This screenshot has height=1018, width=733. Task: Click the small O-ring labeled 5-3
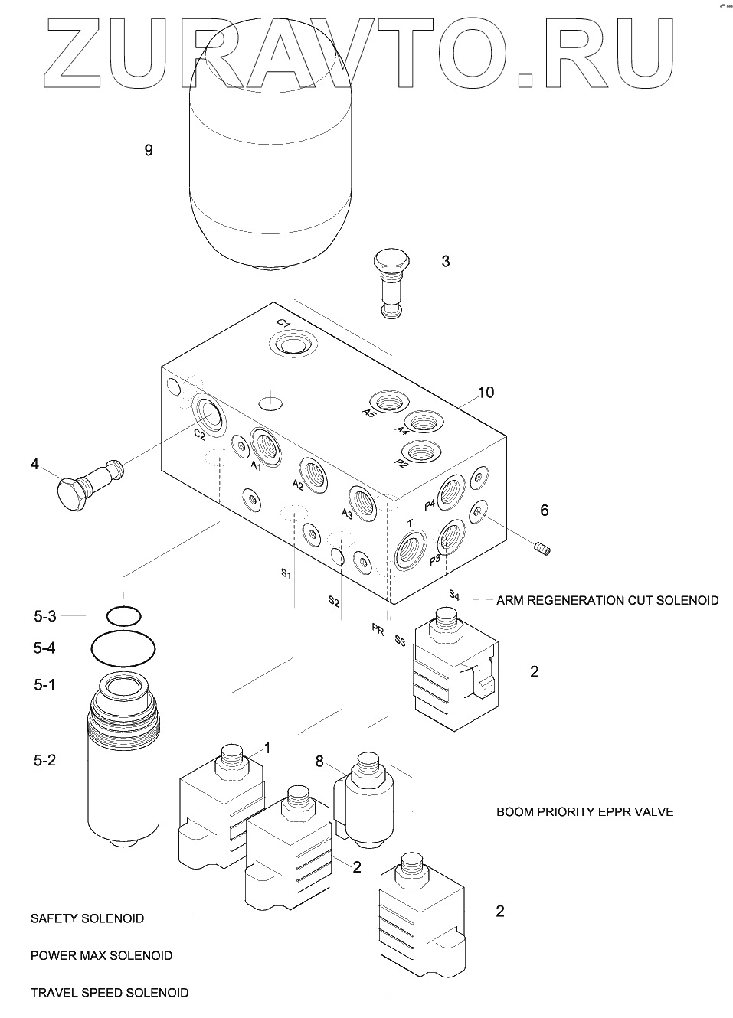coord(124,615)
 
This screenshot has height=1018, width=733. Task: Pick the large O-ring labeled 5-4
coord(123,649)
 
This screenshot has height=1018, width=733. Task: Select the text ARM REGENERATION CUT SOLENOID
coord(607,600)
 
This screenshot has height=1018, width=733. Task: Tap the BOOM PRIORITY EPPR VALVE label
coord(584,811)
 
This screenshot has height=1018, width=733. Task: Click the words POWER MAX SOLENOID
coord(101,955)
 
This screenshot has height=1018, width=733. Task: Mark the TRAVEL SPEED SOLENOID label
coord(110,993)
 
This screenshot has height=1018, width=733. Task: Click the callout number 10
coord(486,393)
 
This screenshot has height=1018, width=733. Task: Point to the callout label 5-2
coord(44,760)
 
